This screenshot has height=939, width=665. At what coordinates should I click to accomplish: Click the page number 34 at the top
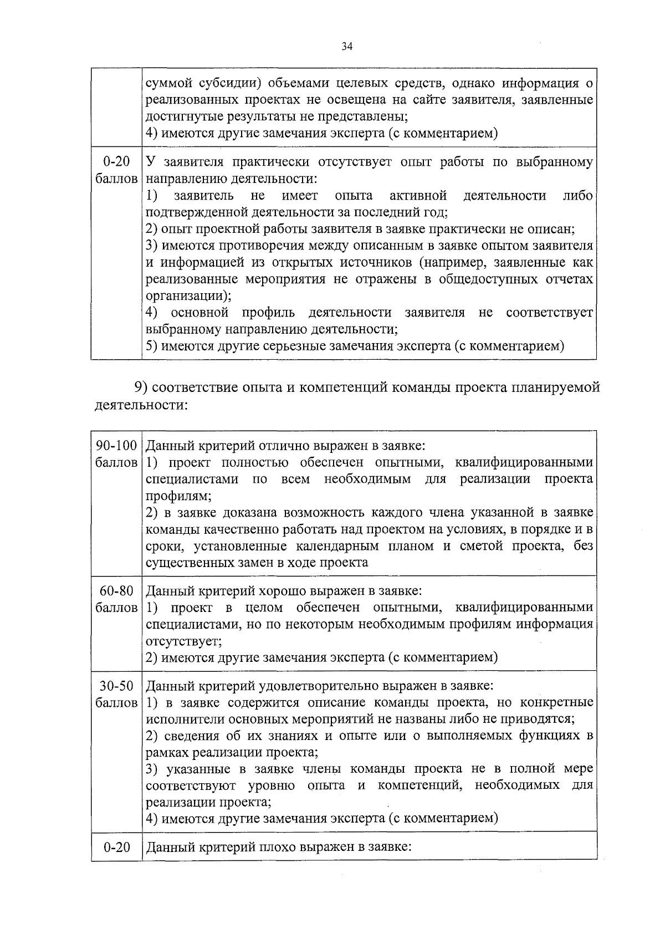pos(347,47)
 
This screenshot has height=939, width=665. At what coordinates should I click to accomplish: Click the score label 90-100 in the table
pos(116,446)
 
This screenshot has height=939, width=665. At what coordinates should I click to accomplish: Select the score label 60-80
pos(116,591)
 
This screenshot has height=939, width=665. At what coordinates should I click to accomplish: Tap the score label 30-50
pos(116,686)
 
